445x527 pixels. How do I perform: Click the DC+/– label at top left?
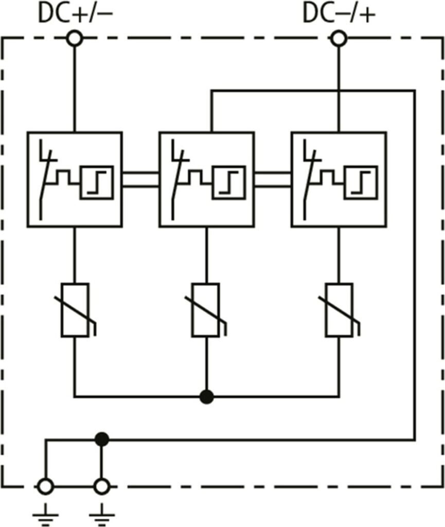click(75, 14)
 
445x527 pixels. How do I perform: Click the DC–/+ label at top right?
click(339, 14)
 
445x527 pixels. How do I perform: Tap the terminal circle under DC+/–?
click(75, 39)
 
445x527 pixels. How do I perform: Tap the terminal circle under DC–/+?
click(339, 39)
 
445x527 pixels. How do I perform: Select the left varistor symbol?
click(75, 310)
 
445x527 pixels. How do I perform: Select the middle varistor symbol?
click(206, 310)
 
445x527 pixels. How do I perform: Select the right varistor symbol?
click(339, 310)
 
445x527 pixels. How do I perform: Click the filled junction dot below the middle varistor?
click(206, 397)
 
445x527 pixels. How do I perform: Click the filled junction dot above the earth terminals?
click(102, 440)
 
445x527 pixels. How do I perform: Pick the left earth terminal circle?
click(45, 486)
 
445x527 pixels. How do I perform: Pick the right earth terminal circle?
click(102, 486)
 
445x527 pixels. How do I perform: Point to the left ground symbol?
click(45, 514)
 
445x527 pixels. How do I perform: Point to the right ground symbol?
click(102, 514)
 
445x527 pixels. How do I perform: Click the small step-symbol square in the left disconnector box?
click(97, 183)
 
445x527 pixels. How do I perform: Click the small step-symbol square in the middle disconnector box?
click(229, 183)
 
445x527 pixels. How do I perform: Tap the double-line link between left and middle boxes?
click(140, 179)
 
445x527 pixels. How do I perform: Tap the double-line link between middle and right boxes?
click(273, 179)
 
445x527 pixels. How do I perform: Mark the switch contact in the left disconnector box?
click(46, 180)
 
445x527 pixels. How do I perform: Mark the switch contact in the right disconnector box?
click(311, 180)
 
